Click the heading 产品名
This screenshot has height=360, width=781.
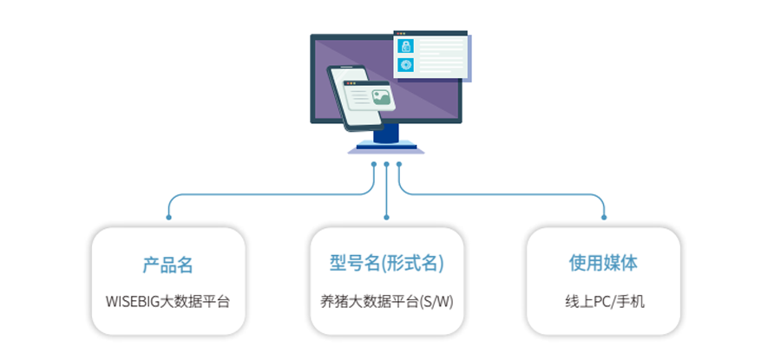click(x=167, y=264)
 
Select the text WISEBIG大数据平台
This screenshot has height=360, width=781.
click(x=167, y=302)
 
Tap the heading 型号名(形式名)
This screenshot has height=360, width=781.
click(x=386, y=264)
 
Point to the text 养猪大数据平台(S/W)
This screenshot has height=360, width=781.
click(x=386, y=302)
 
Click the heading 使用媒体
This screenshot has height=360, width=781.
click(x=603, y=264)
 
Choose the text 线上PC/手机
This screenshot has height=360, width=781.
click(x=605, y=302)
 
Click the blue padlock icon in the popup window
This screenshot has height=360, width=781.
click(x=406, y=46)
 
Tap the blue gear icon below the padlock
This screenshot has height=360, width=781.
click(x=406, y=65)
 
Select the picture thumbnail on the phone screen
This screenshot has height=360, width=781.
click(x=382, y=98)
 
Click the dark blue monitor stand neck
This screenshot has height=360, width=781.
click(x=386, y=133)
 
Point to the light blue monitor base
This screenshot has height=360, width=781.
click(x=386, y=147)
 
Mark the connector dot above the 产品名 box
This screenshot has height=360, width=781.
click(x=169, y=217)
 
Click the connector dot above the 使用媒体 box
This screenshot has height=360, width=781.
click(x=604, y=217)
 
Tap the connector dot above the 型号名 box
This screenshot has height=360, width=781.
click(x=386, y=217)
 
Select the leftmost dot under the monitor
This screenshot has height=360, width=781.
click(x=374, y=164)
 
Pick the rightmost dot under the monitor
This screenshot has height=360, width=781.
click(x=399, y=164)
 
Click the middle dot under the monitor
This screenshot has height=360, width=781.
click(x=386, y=164)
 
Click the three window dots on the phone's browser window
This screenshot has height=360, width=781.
click(x=351, y=83)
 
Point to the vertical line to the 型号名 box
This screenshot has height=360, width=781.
click(x=386, y=191)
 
